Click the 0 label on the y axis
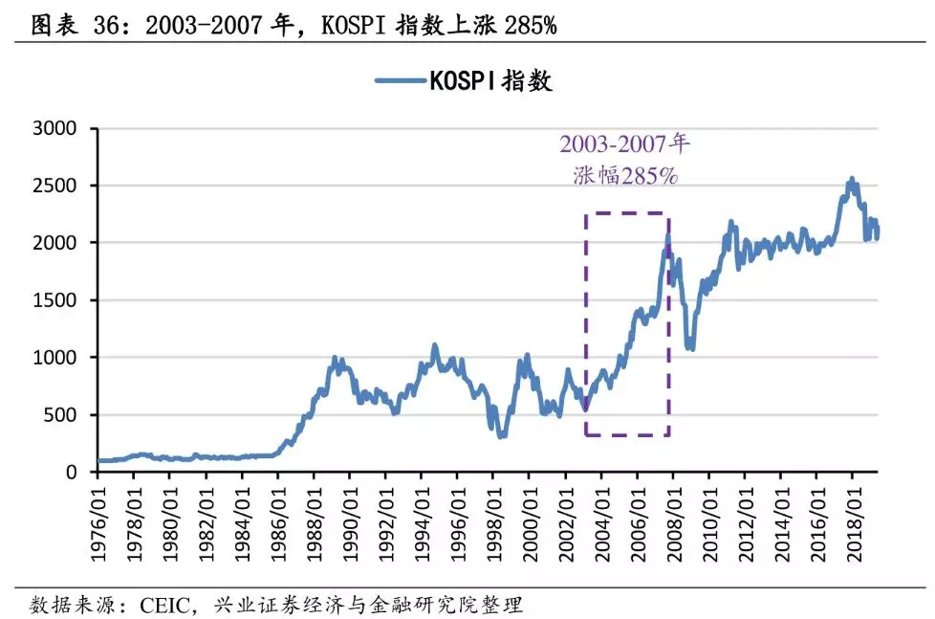pyautogui.click(x=79, y=473)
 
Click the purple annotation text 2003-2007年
pyautogui.click(x=624, y=144)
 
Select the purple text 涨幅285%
pyautogui.click(x=624, y=175)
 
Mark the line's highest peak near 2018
pyautogui.click(x=851, y=180)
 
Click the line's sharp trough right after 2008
pyautogui.click(x=689, y=346)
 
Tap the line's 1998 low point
pyautogui.click(x=501, y=435)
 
